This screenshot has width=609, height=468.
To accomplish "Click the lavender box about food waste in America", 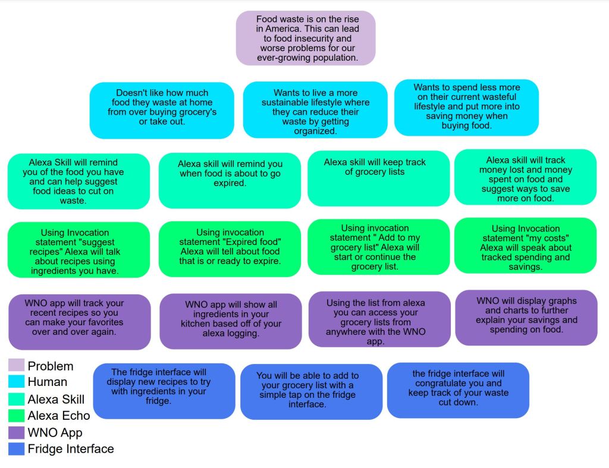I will (x=306, y=38).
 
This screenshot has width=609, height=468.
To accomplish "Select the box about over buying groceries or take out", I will (x=162, y=110).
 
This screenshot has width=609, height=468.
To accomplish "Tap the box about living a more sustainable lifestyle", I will (x=315, y=110).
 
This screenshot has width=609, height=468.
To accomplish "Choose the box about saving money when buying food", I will (x=466, y=107).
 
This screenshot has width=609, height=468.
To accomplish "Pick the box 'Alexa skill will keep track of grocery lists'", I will (x=378, y=178).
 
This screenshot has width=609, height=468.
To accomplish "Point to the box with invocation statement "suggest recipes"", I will (x=79, y=250).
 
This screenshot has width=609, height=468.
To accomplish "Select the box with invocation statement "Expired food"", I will (x=230, y=249).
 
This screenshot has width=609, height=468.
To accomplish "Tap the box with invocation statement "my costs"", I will (x=525, y=246).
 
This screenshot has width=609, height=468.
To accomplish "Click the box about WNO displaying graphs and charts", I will (x=526, y=318).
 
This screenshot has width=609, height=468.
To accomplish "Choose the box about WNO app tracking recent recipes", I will (x=79, y=321).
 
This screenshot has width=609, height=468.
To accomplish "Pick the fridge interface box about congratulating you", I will (x=458, y=390).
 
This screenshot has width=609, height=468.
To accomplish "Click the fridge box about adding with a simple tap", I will (x=311, y=391).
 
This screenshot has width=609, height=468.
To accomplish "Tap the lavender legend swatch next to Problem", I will (x=17, y=366).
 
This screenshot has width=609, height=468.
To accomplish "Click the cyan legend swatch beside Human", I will (x=17, y=382).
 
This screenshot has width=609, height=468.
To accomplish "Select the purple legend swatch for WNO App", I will (x=17, y=433).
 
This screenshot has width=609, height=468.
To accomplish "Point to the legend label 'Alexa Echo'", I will (x=59, y=416).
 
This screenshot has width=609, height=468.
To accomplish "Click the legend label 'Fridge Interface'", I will (x=71, y=449).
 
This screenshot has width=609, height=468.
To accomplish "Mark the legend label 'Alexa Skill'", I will (x=56, y=399).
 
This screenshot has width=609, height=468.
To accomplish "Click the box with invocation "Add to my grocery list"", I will (x=378, y=247).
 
